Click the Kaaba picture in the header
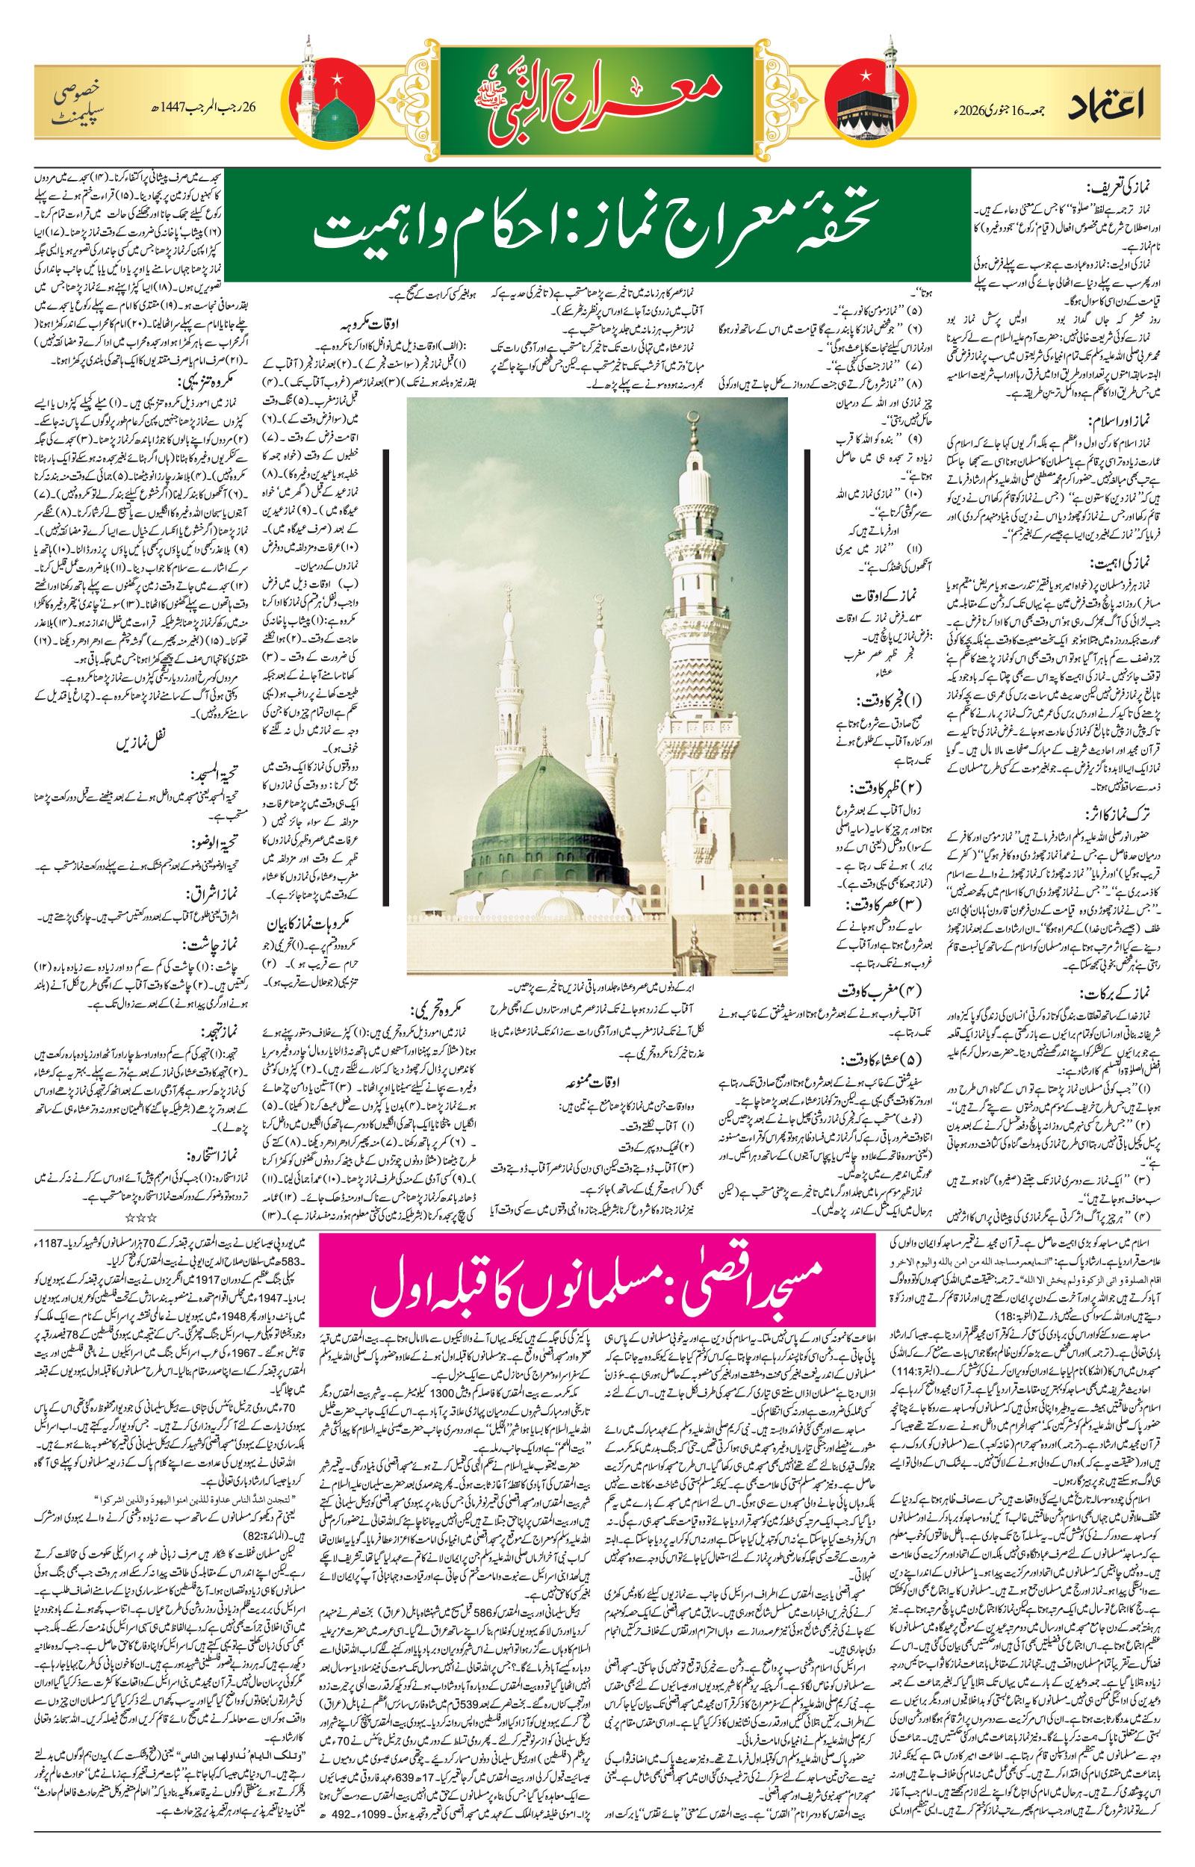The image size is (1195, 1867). (x=857, y=116)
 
